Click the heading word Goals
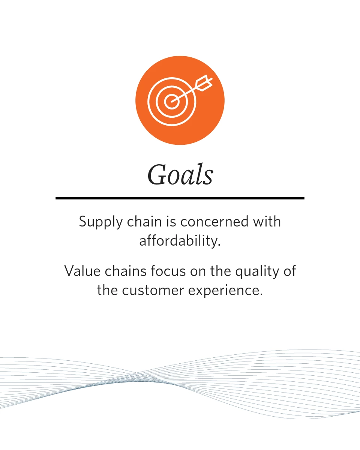click(180, 175)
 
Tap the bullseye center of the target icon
click(172, 102)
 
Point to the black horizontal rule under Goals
click(180, 198)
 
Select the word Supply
click(101, 222)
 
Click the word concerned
click(214, 222)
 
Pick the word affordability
click(180, 241)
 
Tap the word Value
click(82, 271)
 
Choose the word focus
click(168, 271)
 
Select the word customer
click(153, 291)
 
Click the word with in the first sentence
click(267, 222)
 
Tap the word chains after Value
click(126, 271)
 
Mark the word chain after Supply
click(144, 222)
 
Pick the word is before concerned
click(171, 222)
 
